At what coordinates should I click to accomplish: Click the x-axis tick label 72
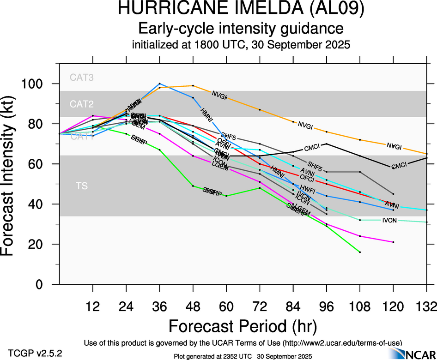tap(260, 306)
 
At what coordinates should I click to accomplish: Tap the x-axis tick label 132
tap(426, 306)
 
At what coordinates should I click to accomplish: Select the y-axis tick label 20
tap(40, 244)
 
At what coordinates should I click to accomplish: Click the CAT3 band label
tap(82, 78)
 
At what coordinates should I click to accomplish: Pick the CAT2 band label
tap(82, 104)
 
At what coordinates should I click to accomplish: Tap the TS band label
tap(82, 186)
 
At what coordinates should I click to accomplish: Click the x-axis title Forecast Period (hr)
tap(243, 326)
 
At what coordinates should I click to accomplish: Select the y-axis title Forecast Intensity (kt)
tap(13, 177)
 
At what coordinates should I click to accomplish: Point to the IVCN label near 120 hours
tap(389, 220)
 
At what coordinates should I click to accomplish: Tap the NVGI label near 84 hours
tap(306, 125)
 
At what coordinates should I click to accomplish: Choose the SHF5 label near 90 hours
tap(315, 165)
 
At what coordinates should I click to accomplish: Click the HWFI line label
tap(307, 188)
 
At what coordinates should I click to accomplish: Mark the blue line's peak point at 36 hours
tap(159, 84)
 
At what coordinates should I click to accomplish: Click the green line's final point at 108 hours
tap(359, 252)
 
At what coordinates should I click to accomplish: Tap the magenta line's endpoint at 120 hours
tap(393, 242)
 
